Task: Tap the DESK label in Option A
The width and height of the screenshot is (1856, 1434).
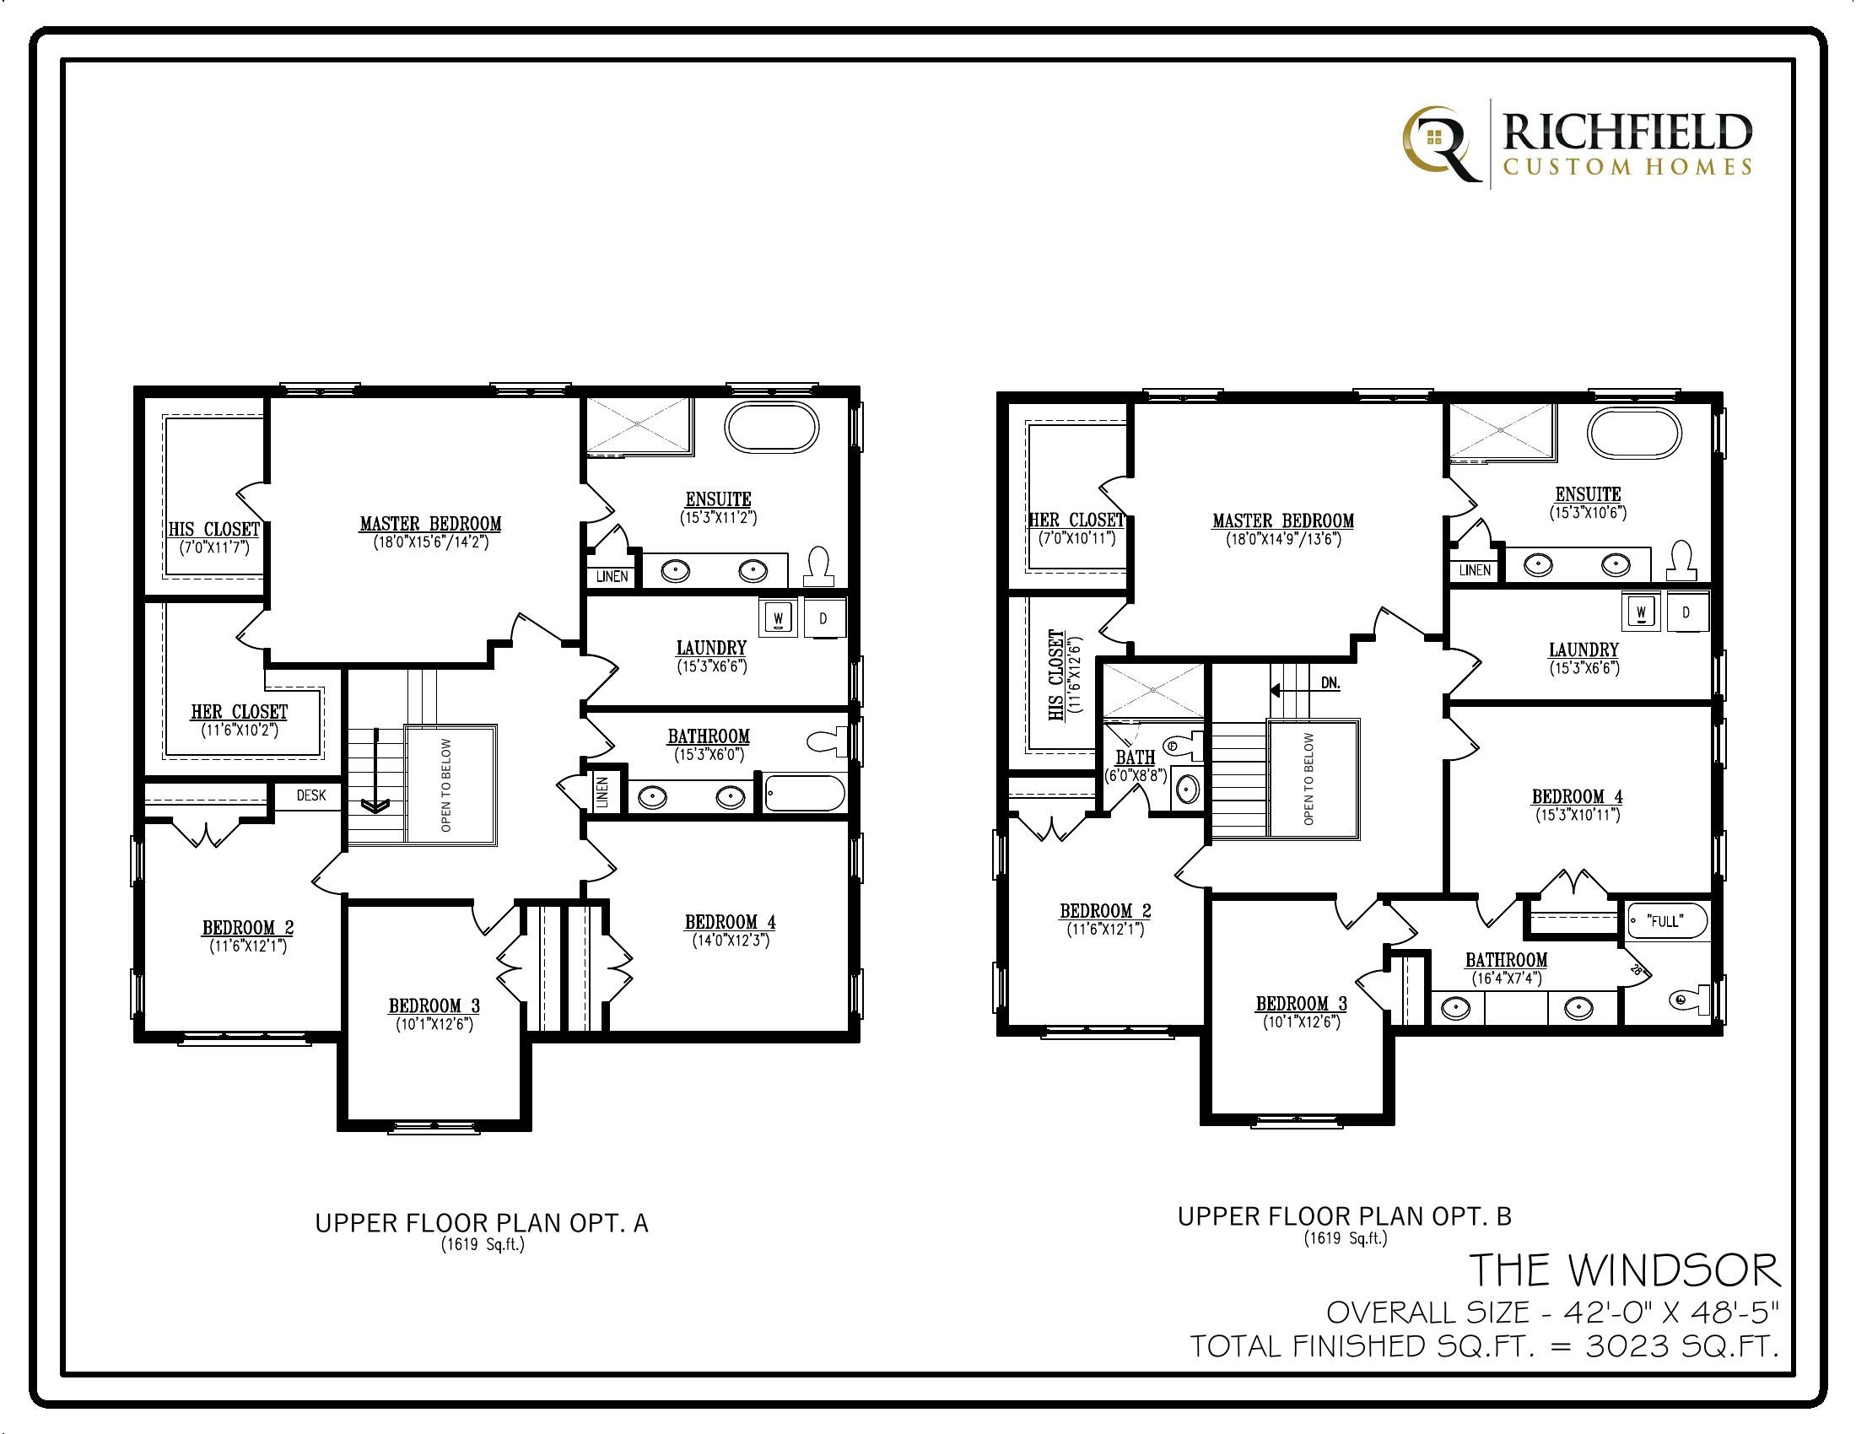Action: click(x=311, y=795)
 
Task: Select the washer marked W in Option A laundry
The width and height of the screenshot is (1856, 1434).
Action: click(x=779, y=617)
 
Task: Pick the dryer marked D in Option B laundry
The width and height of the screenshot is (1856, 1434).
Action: click(x=1686, y=612)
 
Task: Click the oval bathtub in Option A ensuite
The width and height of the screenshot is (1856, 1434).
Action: click(x=772, y=428)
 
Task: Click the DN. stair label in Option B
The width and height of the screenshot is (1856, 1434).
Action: click(x=1330, y=683)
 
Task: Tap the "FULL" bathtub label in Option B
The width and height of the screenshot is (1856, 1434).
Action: click(x=1665, y=921)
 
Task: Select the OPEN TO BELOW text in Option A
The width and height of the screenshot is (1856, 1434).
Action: click(x=447, y=784)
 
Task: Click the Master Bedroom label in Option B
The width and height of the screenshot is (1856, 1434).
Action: click(x=1283, y=520)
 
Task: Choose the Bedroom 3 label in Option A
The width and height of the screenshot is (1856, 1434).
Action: click(x=434, y=1005)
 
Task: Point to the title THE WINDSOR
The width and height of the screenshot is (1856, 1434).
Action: click(x=1624, y=1271)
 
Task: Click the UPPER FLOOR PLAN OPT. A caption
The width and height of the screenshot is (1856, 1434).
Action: click(x=482, y=1223)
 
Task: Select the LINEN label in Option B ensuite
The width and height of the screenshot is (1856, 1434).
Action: click(x=1475, y=570)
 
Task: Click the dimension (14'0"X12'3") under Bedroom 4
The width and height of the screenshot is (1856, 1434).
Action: click(x=730, y=941)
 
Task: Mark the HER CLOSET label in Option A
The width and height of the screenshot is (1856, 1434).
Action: click(x=239, y=712)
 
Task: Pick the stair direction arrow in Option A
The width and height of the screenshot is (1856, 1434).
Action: click(x=374, y=768)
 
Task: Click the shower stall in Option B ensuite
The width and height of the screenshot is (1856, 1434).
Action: click(x=1502, y=431)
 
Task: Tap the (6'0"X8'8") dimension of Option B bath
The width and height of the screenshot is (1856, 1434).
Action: click(x=1136, y=774)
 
